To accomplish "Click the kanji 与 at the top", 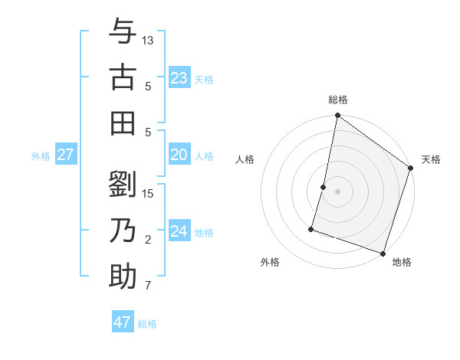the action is pos(123,33).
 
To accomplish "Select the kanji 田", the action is pos(123,122).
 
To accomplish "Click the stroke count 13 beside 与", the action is pos(148,40).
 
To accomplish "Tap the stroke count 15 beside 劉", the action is pos(148,193).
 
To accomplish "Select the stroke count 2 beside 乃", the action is pos(148,241).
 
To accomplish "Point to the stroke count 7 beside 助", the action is pos(148,286).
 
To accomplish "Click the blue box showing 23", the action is pos(179,77).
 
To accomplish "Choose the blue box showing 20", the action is pos(179,155).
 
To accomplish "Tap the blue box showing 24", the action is pos(179,231).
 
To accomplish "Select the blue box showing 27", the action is pos(66,155).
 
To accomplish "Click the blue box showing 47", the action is pos(123,322).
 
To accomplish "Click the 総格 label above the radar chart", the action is pos(337,100).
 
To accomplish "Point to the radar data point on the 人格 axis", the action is pos(324,187).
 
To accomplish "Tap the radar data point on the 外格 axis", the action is pos(312,228).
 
